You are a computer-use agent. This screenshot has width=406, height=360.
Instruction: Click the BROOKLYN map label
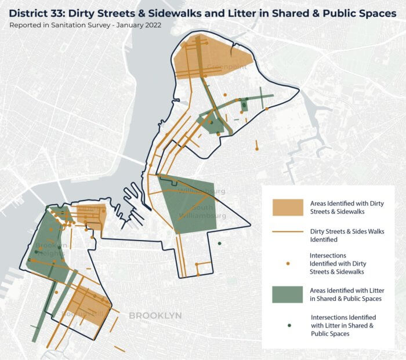pos(155,315)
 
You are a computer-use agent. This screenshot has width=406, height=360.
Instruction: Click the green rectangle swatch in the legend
pos(288,294)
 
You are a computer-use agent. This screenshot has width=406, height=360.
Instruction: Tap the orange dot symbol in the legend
pos(288,263)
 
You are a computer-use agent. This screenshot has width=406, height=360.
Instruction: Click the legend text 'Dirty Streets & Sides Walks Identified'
pos(343,235)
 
